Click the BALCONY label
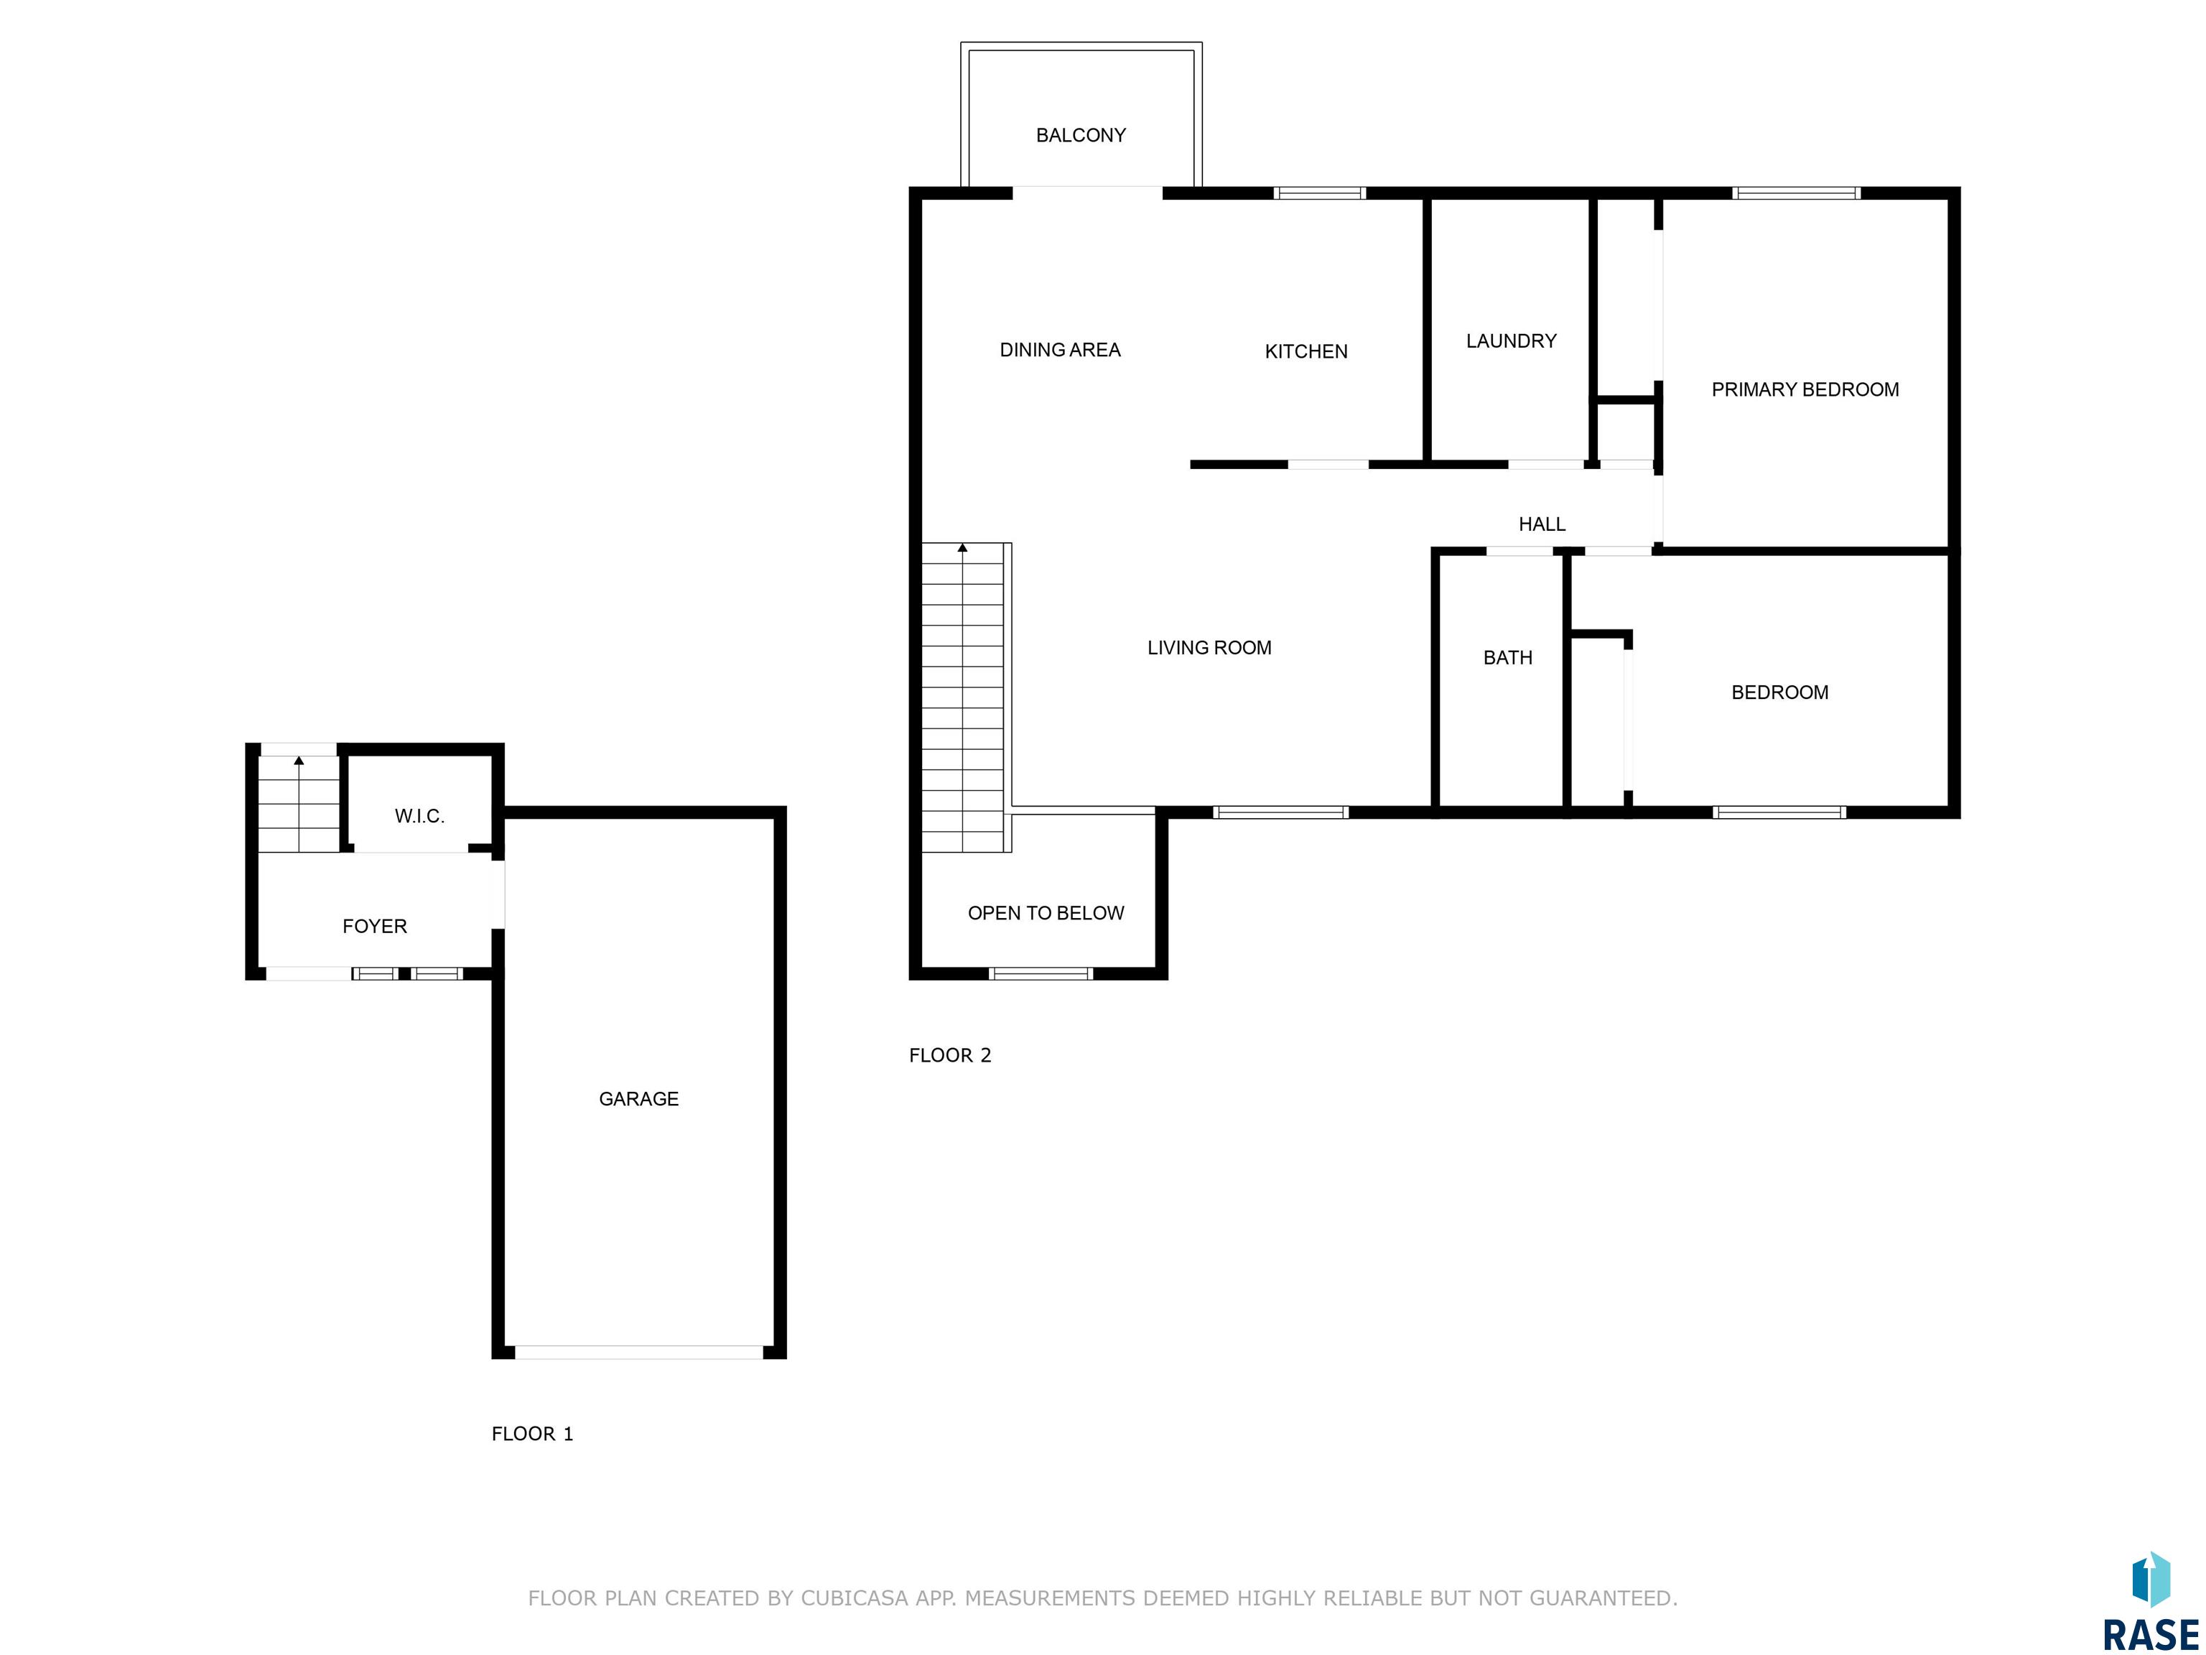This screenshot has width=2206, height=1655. coord(1080,134)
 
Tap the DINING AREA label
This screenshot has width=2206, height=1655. coord(1060,350)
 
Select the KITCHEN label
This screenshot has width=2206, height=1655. coord(1306,351)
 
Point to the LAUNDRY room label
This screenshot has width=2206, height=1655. coord(1511,341)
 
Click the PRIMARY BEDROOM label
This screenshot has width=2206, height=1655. coord(1805,390)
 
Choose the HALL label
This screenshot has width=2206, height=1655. coord(1542,524)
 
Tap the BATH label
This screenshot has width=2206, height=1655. coord(1508,657)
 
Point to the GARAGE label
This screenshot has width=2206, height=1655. coord(638,1098)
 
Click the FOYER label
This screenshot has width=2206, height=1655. coord(374,926)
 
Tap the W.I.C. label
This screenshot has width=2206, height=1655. coord(419,816)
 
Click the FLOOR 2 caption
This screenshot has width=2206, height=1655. coord(949,1055)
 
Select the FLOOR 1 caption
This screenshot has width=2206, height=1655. coord(533,1434)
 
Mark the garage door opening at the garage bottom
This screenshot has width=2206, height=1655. coord(639,1353)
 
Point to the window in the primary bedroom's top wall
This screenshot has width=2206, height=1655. coord(1796,193)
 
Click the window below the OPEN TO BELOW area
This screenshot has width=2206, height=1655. coord(1041,973)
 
